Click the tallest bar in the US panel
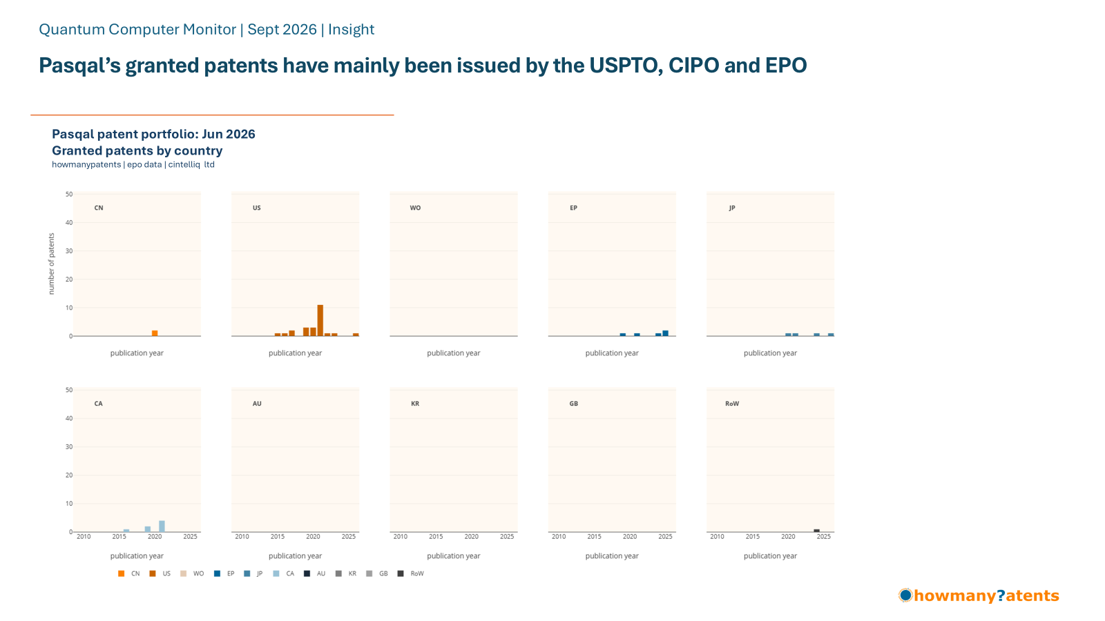click(320, 320)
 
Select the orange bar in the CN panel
click(155, 333)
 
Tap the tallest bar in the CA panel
click(162, 526)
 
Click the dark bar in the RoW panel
click(817, 531)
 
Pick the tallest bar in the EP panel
click(666, 333)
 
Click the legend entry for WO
click(193, 573)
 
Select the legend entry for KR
click(346, 573)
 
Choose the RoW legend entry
click(411, 573)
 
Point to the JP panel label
click(732, 208)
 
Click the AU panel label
click(257, 404)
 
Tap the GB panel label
click(574, 404)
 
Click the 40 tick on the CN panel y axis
click(69, 223)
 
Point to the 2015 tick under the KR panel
click(436, 537)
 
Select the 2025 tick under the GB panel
click(666, 537)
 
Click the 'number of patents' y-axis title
click(51, 264)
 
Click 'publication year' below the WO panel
click(453, 353)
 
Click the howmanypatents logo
click(979, 595)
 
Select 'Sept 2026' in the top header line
click(282, 30)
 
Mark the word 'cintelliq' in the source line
click(184, 165)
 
